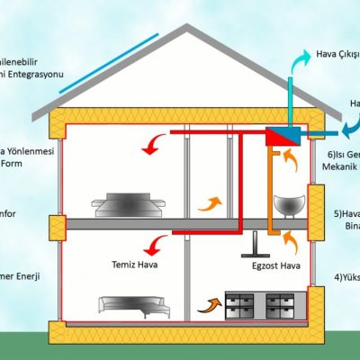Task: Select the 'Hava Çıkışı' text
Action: tap(337, 55)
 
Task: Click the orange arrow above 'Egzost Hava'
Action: tap(290, 241)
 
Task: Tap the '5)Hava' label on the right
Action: tap(346, 215)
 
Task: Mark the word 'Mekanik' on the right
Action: tap(342, 166)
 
